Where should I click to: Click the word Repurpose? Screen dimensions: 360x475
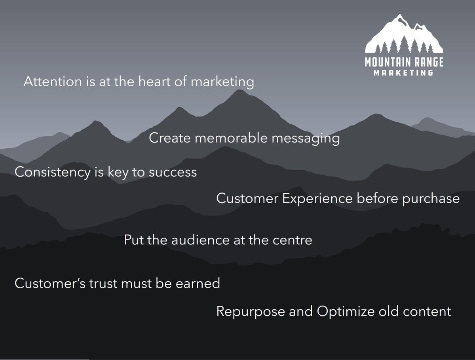[x=251, y=312]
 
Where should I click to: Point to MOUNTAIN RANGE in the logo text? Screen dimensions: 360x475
[x=404, y=63]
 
